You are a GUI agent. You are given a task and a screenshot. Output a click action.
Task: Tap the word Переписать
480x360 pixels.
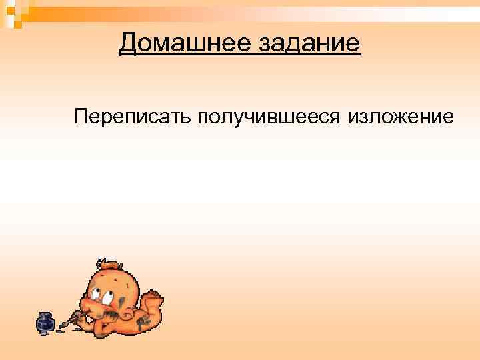[133, 118]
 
